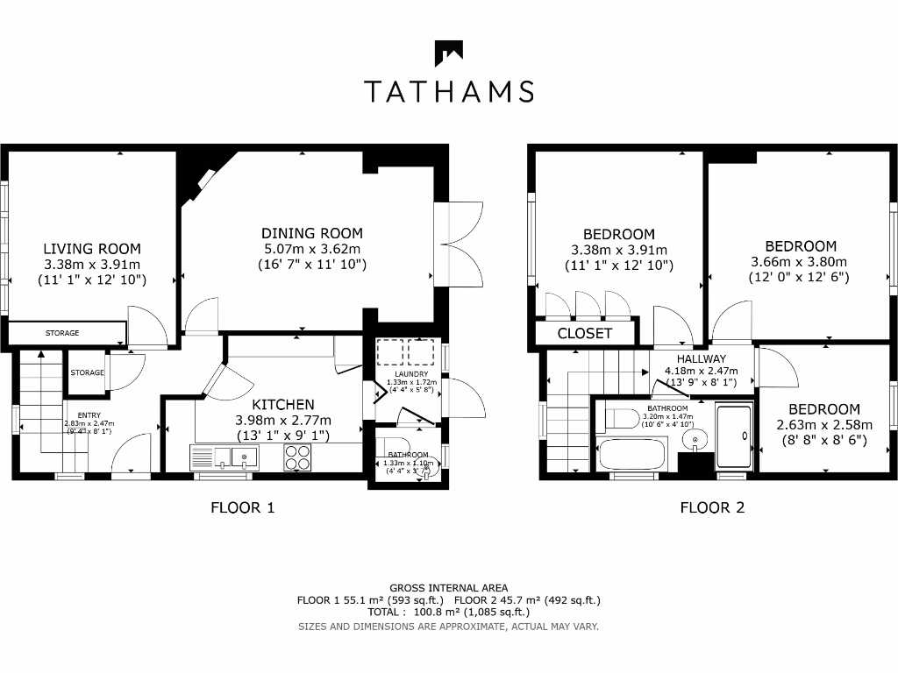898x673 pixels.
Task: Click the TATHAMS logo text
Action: pyautogui.click(x=448, y=90)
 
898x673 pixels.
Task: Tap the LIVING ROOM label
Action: pyautogui.click(x=92, y=249)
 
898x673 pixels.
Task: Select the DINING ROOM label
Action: pyautogui.click(x=312, y=233)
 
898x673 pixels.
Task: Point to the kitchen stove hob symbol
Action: pyautogui.click(x=297, y=457)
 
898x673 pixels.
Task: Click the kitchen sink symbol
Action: pyautogui.click(x=224, y=457)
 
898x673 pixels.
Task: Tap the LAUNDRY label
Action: pyautogui.click(x=404, y=375)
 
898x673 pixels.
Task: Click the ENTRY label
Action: pyautogui.click(x=89, y=415)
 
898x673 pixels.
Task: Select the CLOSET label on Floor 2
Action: pyautogui.click(x=585, y=334)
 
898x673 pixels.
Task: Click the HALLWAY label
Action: pyautogui.click(x=701, y=358)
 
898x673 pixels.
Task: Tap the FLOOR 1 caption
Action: pyautogui.click(x=243, y=507)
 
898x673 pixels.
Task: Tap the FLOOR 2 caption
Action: pyautogui.click(x=712, y=507)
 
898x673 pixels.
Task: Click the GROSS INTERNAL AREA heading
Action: pyautogui.click(x=448, y=587)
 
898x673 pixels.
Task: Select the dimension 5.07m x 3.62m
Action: pyautogui.click(x=312, y=249)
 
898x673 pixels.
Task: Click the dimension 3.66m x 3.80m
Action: pyautogui.click(x=800, y=262)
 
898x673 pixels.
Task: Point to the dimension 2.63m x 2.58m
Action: pyautogui.click(x=823, y=425)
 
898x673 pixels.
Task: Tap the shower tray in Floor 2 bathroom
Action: pyautogui.click(x=733, y=436)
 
